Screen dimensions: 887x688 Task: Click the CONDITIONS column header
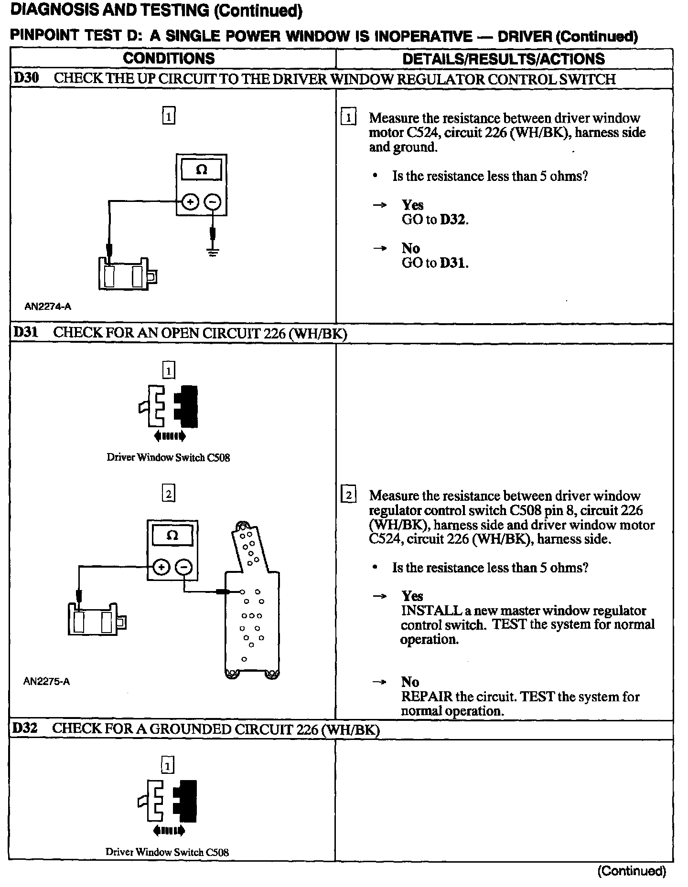pyautogui.click(x=169, y=58)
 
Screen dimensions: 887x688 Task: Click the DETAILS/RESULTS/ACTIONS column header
pyautogui.click(x=504, y=59)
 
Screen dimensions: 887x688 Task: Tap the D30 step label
pyautogui.click(x=26, y=78)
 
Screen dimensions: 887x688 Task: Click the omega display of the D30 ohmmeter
pyautogui.click(x=202, y=170)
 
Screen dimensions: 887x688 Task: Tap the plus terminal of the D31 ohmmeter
pyautogui.click(x=161, y=567)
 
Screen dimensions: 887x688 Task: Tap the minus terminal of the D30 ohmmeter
pyautogui.click(x=213, y=202)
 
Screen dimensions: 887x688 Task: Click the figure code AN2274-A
pyautogui.click(x=48, y=306)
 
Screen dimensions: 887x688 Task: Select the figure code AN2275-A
pyautogui.click(x=47, y=681)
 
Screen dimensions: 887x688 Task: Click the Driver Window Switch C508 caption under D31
pyautogui.click(x=168, y=457)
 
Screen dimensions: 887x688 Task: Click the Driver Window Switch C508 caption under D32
pyautogui.click(x=167, y=852)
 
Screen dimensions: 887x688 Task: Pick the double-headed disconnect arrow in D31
pyautogui.click(x=170, y=435)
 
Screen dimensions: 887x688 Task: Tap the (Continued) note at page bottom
pyautogui.click(x=631, y=871)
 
